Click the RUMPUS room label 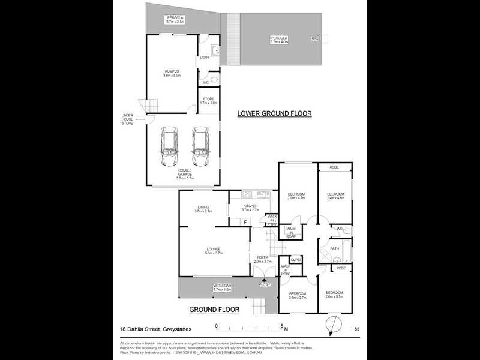pos(172,73)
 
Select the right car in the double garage pos(200,148)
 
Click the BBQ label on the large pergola pos(314,38)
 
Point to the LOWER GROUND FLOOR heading pos(275,113)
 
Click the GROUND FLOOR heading pos(214,310)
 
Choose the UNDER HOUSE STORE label pos(127,119)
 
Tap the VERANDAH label pos(222,287)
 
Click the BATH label pos(334,248)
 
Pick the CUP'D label pos(295,259)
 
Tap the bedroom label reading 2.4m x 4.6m pos(335,196)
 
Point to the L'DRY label pos(204,58)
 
